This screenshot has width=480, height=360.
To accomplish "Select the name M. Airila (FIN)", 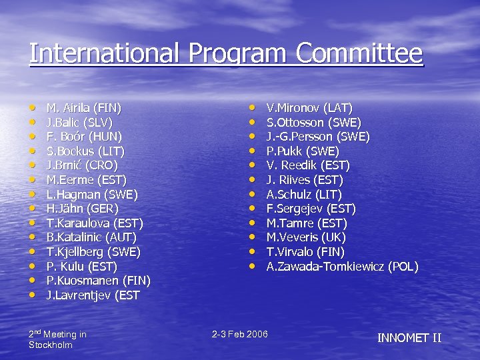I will click(x=83, y=107).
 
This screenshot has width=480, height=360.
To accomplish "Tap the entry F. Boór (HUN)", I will click(x=83, y=136).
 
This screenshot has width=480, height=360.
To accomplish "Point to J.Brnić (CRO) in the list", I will click(x=81, y=165).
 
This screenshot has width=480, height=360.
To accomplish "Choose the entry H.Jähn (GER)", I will click(x=82, y=208).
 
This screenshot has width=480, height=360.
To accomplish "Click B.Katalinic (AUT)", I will click(x=91, y=237).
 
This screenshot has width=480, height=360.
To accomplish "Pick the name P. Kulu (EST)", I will click(x=81, y=266).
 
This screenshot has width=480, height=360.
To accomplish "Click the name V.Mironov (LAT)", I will click(x=309, y=107).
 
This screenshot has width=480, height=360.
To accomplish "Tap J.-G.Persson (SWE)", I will click(x=318, y=137).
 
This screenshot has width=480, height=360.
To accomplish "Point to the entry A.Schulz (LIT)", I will click(x=304, y=194).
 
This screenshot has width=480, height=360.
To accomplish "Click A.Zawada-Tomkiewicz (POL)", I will click(x=342, y=267).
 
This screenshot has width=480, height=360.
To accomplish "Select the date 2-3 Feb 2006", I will click(x=240, y=333).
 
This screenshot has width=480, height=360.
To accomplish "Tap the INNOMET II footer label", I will click(x=409, y=337).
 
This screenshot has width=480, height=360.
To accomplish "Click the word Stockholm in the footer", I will click(x=51, y=345).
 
